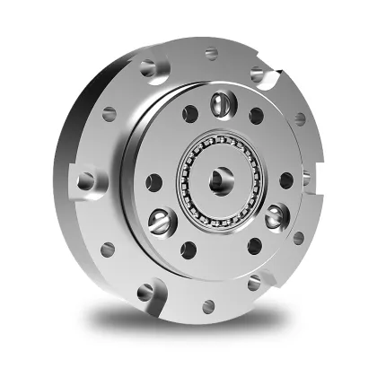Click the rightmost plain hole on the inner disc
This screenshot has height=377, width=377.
(x=286, y=179)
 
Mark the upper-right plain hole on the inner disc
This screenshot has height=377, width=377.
(x=256, y=116)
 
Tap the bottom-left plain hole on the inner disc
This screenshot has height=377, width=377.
(x=189, y=249)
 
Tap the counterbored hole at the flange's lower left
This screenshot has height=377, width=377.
(x=147, y=292)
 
